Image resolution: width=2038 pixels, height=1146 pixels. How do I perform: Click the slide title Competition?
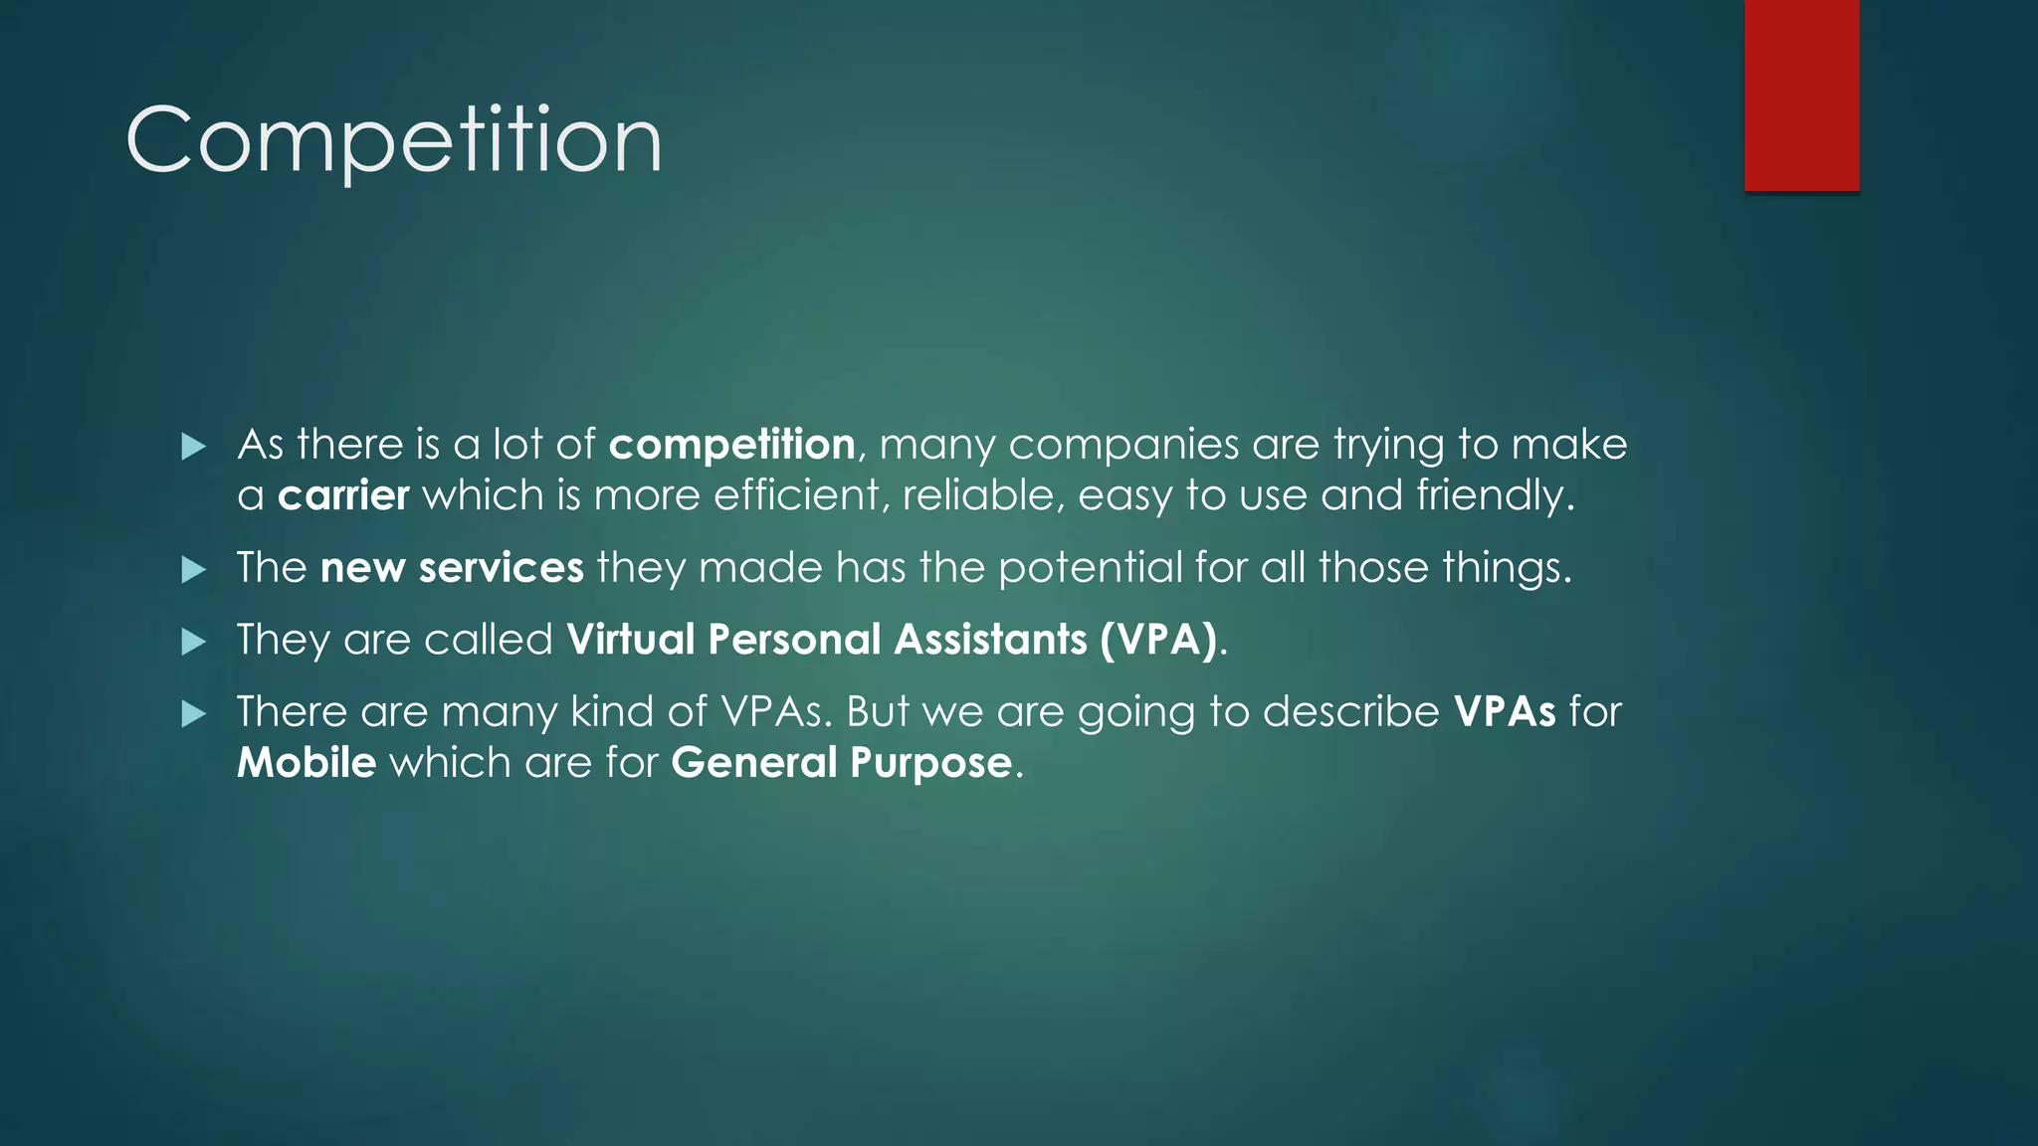(394, 140)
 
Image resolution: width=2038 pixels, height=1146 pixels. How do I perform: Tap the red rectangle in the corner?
(1801, 95)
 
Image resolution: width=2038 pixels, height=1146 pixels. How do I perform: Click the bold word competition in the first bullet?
(731, 445)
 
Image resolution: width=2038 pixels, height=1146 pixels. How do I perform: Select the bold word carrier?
(343, 495)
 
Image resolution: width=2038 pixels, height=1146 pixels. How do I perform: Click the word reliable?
(977, 495)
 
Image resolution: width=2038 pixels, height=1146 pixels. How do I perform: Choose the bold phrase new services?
(452, 568)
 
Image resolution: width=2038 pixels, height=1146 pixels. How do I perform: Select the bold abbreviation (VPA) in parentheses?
(1159, 640)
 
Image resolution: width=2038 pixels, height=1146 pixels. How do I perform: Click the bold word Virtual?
(631, 640)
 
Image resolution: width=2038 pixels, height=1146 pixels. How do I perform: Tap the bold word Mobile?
(306, 763)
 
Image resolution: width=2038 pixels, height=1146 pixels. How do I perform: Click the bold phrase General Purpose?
(842, 763)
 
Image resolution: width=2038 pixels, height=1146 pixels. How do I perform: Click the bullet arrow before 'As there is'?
(194, 447)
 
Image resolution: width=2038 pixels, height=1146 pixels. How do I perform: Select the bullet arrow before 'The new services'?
(194, 570)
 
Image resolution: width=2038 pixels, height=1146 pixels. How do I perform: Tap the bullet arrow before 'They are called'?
(194, 642)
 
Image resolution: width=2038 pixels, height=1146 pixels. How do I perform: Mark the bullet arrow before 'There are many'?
(194, 714)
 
